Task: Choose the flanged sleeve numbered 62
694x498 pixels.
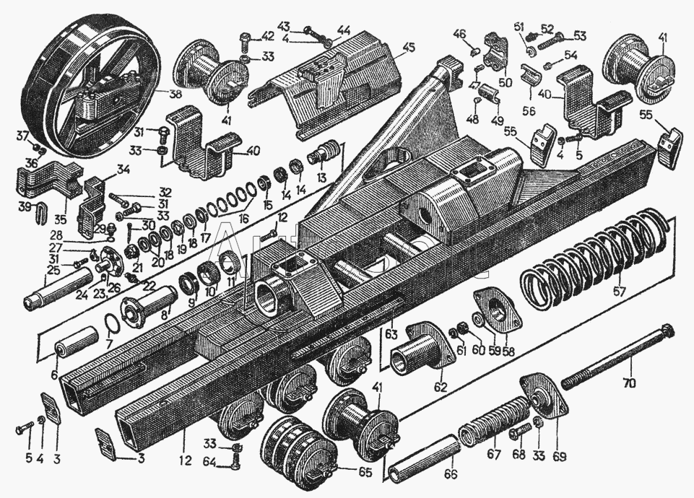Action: tap(415, 350)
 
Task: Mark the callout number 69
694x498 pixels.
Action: tap(559, 457)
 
